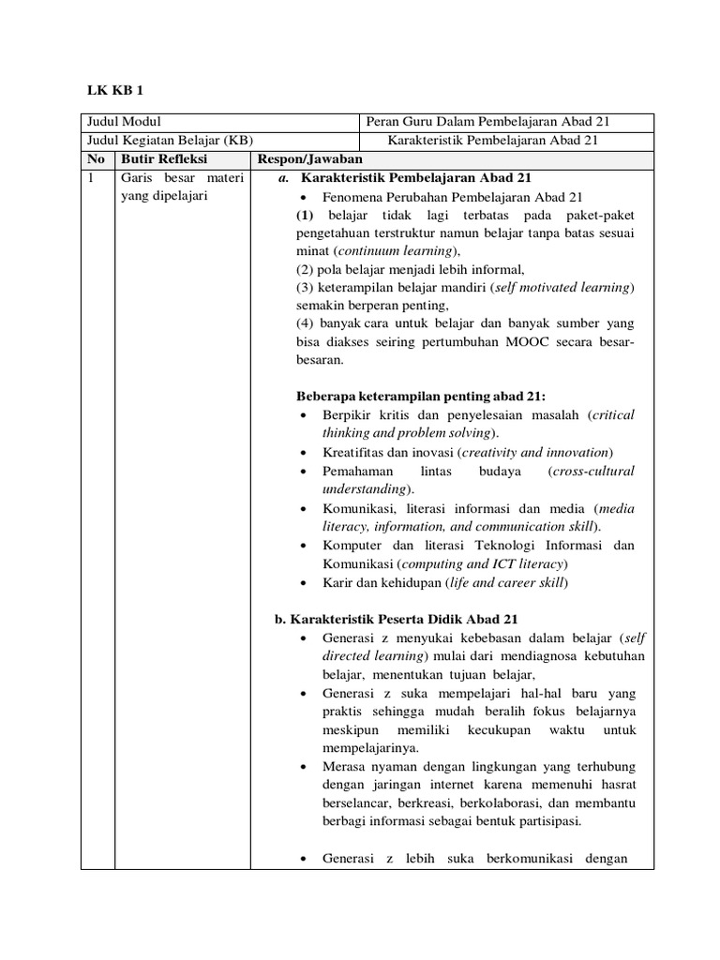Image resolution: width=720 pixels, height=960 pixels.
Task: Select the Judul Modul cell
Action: pyautogui.click(x=124, y=123)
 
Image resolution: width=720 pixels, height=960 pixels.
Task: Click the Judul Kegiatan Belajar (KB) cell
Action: pyautogui.click(x=169, y=141)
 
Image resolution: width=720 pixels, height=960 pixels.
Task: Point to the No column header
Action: pyautogui.click(x=96, y=159)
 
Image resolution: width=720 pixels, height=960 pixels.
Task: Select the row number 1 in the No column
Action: pyautogui.click(x=90, y=178)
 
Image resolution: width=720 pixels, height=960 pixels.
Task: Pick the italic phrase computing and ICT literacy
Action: pyautogui.click(x=483, y=563)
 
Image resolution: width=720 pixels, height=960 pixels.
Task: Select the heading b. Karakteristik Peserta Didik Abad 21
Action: pyautogui.click(x=395, y=620)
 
